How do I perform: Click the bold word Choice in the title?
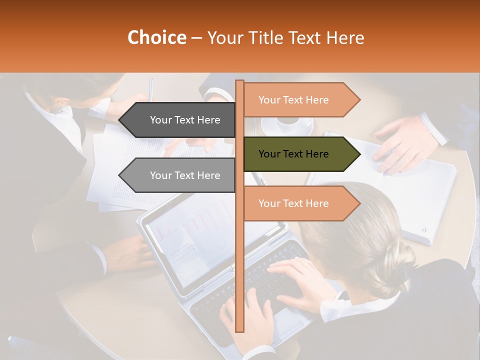pyautogui.click(x=156, y=38)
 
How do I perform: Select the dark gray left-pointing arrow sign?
pyautogui.click(x=177, y=120)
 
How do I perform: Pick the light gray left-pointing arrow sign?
pyautogui.click(x=177, y=175)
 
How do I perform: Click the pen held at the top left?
pyautogui.click(x=151, y=90)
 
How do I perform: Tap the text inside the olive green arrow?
pyautogui.click(x=293, y=154)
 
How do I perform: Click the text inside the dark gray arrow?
pyautogui.click(x=185, y=120)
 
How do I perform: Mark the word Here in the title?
pyautogui.click(x=344, y=38)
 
